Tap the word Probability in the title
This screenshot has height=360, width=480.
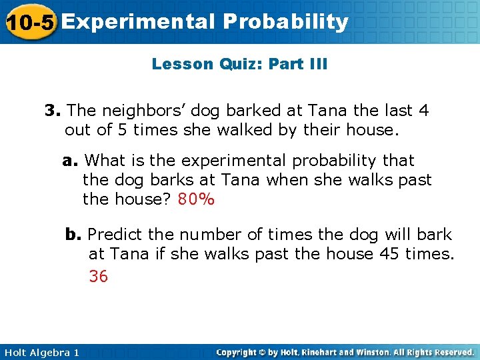[x=286, y=22]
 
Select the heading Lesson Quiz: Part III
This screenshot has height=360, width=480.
[x=239, y=64]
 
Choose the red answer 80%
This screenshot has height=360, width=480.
[x=197, y=199]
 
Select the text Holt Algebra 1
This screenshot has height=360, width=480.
[x=41, y=352]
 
